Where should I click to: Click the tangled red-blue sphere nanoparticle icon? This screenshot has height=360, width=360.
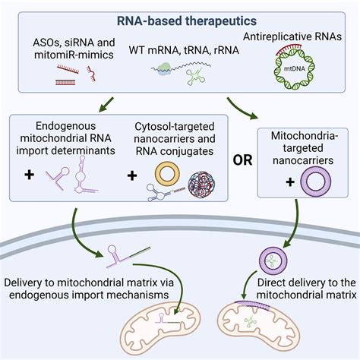(x=207, y=185)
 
